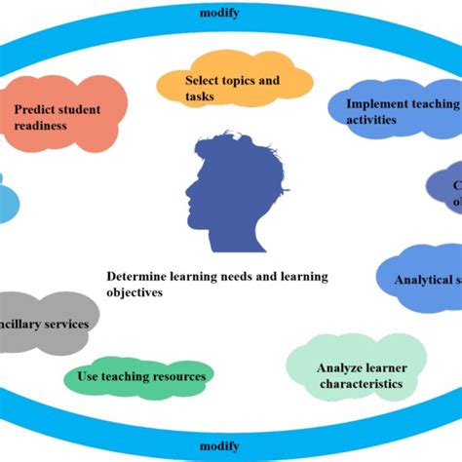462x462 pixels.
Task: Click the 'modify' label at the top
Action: [x=230, y=13]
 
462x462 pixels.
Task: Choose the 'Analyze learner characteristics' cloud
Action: [x=358, y=373]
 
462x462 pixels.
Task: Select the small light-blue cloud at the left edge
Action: [x=7, y=201]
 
